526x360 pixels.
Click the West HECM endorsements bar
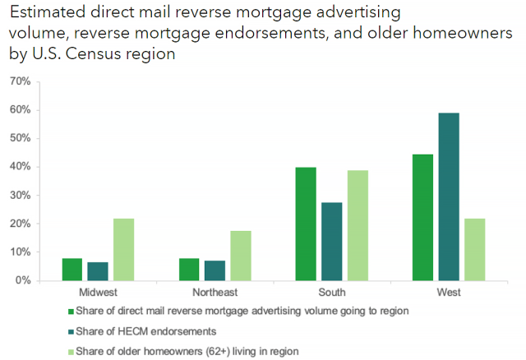click(449, 196)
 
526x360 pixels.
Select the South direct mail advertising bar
click(306, 224)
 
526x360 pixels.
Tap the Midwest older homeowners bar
click(123, 249)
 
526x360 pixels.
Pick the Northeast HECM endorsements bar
click(215, 270)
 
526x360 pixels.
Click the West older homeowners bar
click(474, 249)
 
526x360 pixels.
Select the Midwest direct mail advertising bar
click(72, 269)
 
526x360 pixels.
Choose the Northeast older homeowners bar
click(240, 256)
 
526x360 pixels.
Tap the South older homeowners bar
click(357, 225)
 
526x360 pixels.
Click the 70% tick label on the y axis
click(20, 81)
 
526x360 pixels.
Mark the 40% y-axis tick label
click(20, 167)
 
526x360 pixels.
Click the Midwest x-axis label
click(98, 293)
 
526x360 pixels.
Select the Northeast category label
click(215, 293)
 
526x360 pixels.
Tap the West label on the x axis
click(449, 293)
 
